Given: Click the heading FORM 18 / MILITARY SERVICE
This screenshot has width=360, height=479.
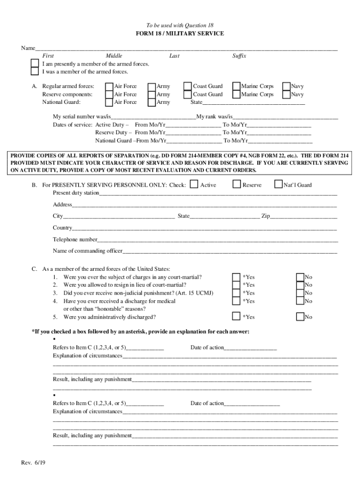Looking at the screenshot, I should (180, 34).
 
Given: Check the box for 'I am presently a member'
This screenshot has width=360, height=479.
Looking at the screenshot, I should (35, 64).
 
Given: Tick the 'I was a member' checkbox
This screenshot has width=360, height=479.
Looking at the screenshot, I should (35, 72).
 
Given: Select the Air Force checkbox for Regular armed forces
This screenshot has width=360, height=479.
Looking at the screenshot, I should (109, 86).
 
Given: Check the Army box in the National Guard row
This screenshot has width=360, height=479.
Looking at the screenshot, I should (151, 102).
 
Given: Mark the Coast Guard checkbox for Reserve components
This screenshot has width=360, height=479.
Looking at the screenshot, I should (187, 94).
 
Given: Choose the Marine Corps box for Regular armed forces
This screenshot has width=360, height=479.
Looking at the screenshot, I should (237, 86).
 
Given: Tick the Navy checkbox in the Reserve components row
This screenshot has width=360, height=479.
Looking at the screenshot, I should (287, 94).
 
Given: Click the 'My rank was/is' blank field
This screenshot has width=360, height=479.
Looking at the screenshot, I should (285, 117).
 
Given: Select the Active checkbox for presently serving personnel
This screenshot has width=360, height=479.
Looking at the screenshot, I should (194, 185).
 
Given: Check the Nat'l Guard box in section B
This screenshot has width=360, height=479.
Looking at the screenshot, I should (279, 185).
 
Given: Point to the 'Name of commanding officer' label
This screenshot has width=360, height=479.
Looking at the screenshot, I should (87, 251).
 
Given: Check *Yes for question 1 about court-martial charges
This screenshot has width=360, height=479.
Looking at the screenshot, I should (237, 277).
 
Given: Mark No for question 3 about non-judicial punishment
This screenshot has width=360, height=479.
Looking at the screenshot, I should (300, 293).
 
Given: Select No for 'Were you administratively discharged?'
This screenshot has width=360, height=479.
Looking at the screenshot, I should (300, 317).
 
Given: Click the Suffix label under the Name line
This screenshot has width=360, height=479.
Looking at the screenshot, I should (239, 56).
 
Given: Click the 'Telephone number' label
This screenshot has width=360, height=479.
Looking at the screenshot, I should (75, 239).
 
